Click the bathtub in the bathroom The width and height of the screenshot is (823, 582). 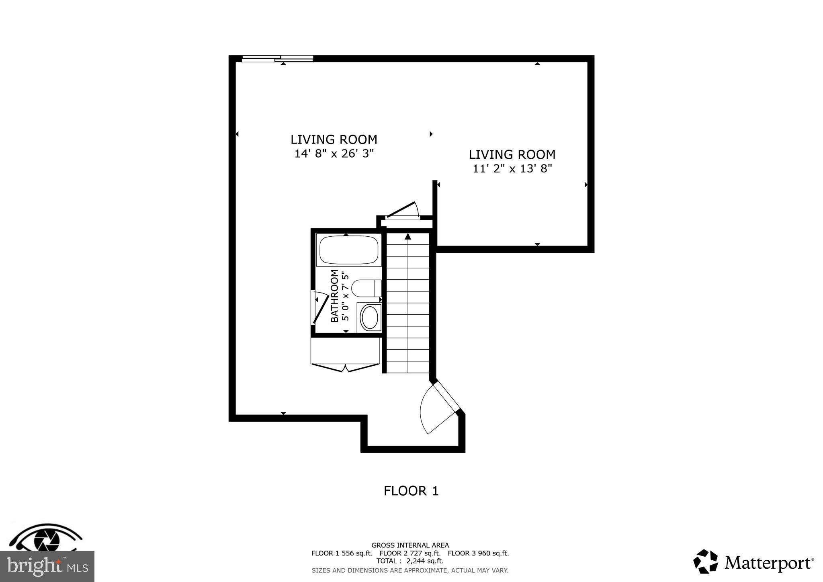[x=348, y=250]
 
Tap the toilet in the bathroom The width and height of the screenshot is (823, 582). [x=366, y=288]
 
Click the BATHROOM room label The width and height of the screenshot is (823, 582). [x=334, y=296]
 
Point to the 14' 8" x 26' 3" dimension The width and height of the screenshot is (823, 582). [x=334, y=154]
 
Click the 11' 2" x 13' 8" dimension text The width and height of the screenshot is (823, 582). [x=512, y=168]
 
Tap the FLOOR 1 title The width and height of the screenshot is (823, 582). [x=411, y=491]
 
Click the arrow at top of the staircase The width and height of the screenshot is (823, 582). [x=408, y=237]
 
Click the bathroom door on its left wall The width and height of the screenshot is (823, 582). [x=319, y=308]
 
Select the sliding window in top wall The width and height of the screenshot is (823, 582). [x=278, y=59]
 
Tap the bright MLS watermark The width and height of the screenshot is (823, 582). [x=47, y=567]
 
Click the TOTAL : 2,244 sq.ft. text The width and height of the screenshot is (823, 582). [x=410, y=561]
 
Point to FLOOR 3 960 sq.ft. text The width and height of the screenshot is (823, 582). [x=478, y=553]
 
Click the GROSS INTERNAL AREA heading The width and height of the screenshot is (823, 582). [x=410, y=545]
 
